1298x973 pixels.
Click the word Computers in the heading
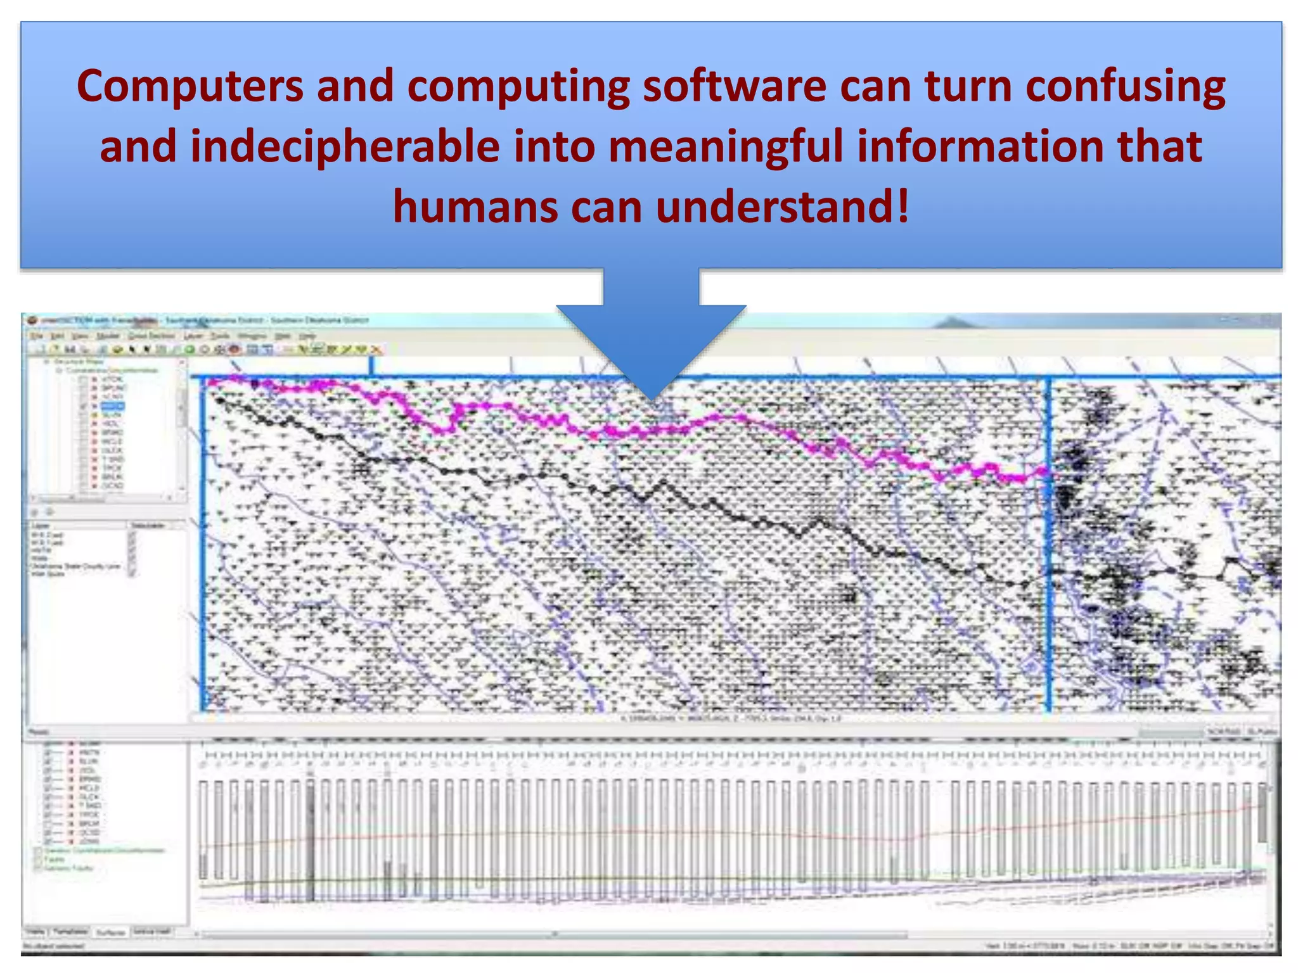point(190,87)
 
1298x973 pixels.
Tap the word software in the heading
point(735,87)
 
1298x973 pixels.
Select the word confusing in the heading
point(1125,87)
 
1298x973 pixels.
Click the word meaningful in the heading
point(725,147)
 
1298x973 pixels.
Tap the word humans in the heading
point(474,207)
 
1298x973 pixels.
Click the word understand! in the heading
point(783,207)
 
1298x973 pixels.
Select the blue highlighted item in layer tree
point(113,406)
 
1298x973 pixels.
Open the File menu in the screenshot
point(37,336)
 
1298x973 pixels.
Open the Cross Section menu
point(151,336)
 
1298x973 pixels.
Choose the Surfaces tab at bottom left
point(110,932)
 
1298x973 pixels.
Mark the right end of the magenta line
point(1043,471)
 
